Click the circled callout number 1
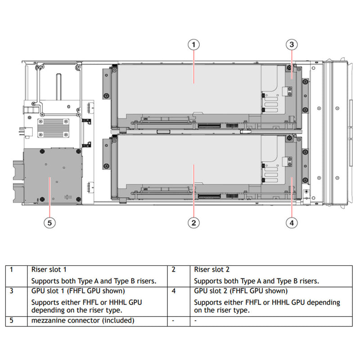193,44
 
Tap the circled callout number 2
193,222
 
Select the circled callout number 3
292,44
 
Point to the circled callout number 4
292,222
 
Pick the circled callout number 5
49,222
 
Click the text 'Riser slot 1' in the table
49,270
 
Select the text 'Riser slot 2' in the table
211,270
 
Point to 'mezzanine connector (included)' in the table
83,321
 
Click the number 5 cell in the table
11,321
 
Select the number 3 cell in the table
11,291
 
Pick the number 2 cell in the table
174,270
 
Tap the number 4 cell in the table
174,291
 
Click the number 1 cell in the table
11,270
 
